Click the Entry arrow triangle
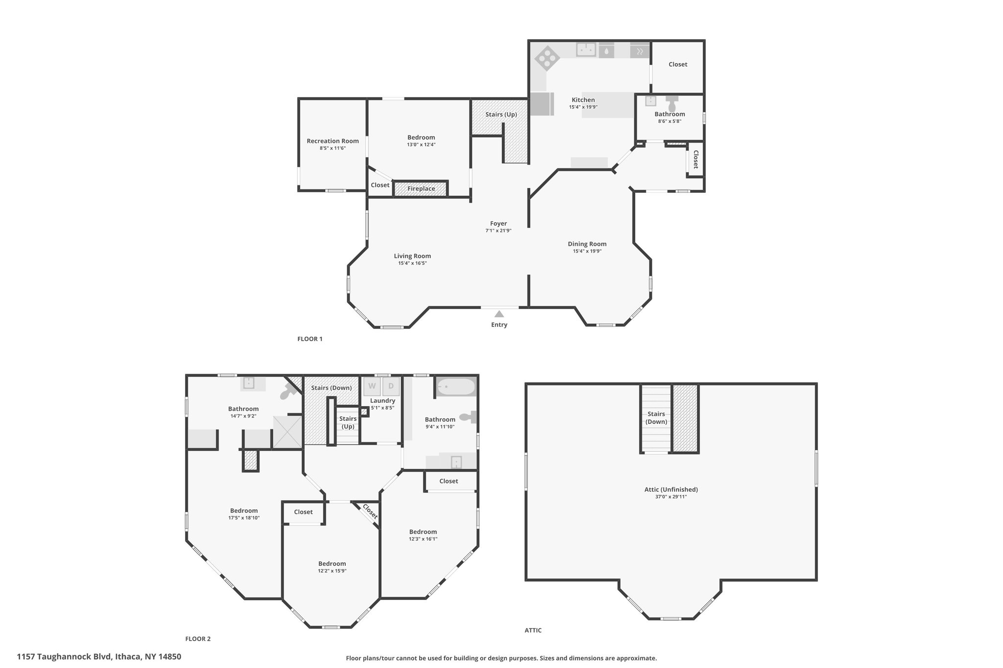(499, 314)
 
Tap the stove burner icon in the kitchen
(547, 59)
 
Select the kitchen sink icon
(586, 50)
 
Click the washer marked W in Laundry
(372, 386)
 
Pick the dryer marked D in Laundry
(391, 386)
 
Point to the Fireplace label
(421, 188)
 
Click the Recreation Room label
(333, 141)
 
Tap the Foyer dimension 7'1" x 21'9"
(499, 230)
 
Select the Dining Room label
(587, 244)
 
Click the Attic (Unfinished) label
(671, 489)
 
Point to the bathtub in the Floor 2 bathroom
(456, 387)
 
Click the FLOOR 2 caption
(198, 639)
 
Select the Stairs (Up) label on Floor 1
(501, 115)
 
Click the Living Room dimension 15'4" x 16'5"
(412, 263)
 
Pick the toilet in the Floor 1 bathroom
(672, 104)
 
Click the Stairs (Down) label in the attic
(656, 417)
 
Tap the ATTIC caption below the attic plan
(533, 630)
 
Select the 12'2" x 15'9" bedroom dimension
(332, 571)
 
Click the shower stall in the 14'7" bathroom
(287, 431)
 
